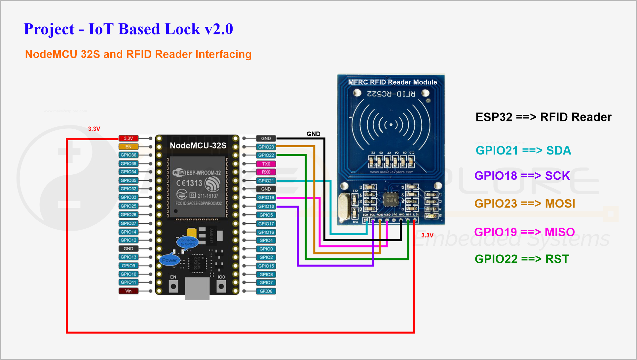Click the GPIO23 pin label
click(266, 147)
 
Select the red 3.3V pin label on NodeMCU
click(129, 138)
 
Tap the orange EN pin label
click(129, 147)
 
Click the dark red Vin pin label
click(129, 291)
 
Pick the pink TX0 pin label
click(266, 164)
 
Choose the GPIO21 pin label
click(266, 181)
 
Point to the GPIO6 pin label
click(266, 291)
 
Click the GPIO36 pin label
click(129, 155)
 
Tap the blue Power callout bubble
click(169, 260)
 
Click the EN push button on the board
click(173, 286)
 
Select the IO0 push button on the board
click(221, 286)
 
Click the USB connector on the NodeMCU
click(197, 289)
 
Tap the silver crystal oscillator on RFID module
click(344, 206)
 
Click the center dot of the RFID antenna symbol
click(391, 125)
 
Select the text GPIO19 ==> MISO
click(524, 232)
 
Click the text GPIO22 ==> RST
click(522, 259)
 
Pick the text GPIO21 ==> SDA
click(523, 151)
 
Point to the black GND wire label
click(313, 134)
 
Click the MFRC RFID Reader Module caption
click(392, 82)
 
